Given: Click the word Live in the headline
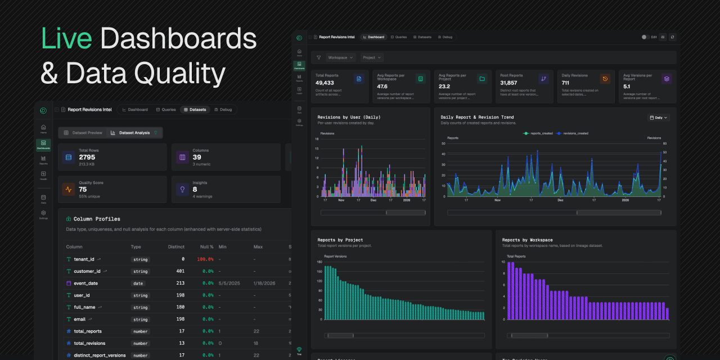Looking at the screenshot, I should click(66, 39).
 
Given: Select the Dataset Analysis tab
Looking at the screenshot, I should click(134, 133).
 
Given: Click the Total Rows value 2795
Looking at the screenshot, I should click(87, 157).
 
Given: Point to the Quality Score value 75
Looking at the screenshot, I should click(83, 190).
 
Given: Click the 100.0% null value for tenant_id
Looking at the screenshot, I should click(205, 259).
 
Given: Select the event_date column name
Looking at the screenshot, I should click(85, 283).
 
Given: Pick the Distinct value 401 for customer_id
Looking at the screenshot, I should click(180, 271).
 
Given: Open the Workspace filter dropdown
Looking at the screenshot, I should click(340, 57).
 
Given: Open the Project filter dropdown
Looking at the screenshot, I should click(372, 57).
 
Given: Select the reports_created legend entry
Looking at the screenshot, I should click(539, 133).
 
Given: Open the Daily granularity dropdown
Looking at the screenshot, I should click(658, 118).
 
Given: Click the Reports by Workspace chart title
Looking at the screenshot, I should click(527, 240).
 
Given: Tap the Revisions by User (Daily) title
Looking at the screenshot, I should click(349, 118).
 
